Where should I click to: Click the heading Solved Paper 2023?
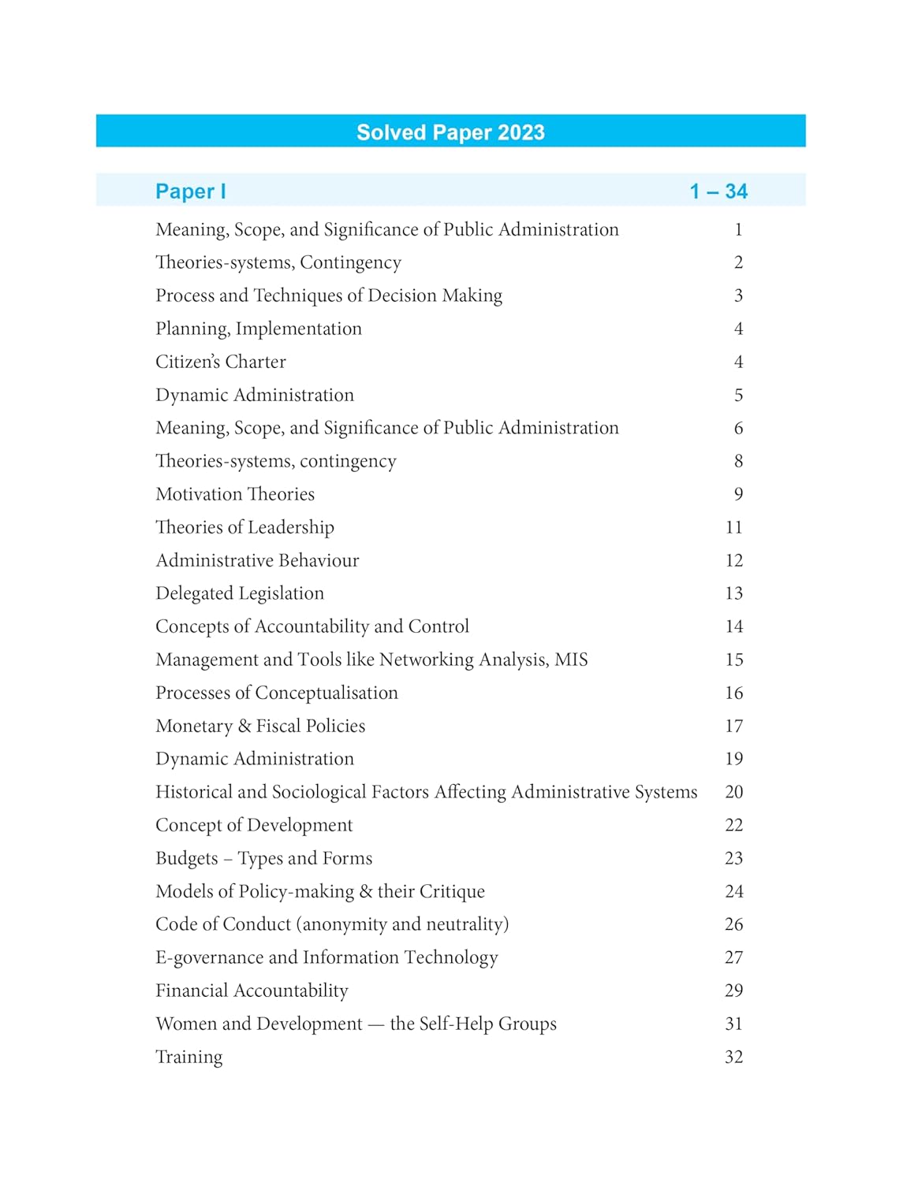[x=450, y=132]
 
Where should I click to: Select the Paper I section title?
[x=191, y=191]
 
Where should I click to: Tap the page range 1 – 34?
[x=718, y=191]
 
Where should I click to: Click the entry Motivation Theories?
[x=235, y=494]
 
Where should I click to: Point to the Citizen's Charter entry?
[x=221, y=362]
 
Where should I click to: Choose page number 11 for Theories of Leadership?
[x=733, y=527]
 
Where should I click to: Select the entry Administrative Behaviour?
[x=257, y=560]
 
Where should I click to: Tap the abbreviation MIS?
[x=571, y=660]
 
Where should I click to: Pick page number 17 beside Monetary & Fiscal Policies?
[x=733, y=726]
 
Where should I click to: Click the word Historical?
[x=194, y=792]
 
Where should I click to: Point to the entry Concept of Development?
[x=254, y=825]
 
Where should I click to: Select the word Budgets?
[x=187, y=858]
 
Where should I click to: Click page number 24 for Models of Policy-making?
[x=733, y=891]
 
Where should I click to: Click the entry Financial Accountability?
[x=252, y=991]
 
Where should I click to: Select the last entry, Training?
[x=189, y=1057]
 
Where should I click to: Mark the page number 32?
[x=733, y=1057]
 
